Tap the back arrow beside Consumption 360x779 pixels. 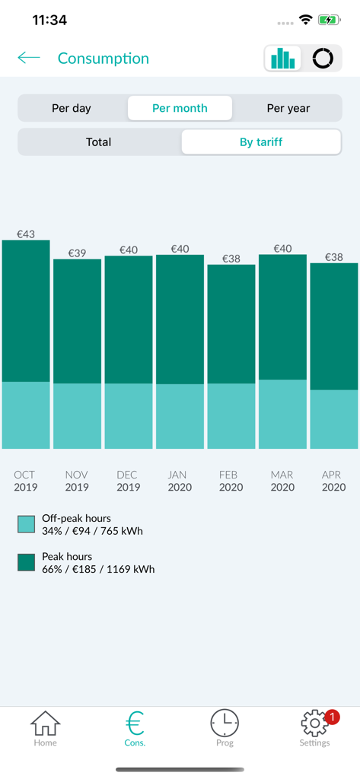point(29,58)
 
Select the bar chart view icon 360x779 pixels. point(283,59)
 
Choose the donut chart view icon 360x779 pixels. point(323,59)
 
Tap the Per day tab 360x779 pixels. point(72,108)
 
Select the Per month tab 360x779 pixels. point(180,108)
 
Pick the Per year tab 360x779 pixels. point(288,108)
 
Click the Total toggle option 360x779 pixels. point(99,141)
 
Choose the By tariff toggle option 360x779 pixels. point(261,141)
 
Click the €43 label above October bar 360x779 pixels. point(26,234)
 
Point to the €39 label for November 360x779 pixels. point(77,253)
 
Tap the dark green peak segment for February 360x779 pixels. point(231,323)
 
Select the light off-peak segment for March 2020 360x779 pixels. point(282,414)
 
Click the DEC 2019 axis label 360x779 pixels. point(127,481)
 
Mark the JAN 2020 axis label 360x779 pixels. point(180,481)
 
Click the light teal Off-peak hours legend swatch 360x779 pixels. point(27,524)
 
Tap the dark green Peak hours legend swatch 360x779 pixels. point(27,562)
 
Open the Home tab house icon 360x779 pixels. point(45,723)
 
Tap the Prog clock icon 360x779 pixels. point(225,723)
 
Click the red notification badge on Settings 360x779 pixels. point(332,717)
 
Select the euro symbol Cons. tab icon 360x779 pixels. point(135,723)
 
